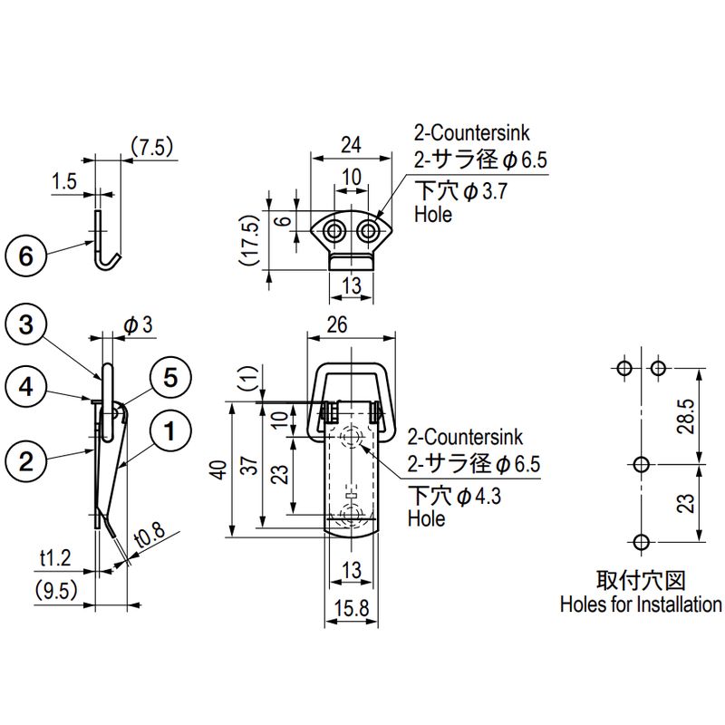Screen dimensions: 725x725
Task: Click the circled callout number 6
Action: pyautogui.click(x=26, y=256)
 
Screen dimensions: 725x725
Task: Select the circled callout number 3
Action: pyautogui.click(x=26, y=324)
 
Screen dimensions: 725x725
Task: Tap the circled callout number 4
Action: pyautogui.click(x=26, y=387)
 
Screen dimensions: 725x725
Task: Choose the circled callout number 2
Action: pyautogui.click(x=26, y=460)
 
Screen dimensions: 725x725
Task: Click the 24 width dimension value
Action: pyautogui.click(x=351, y=143)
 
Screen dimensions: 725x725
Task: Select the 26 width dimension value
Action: pyautogui.click(x=352, y=324)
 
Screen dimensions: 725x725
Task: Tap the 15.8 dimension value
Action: pyautogui.click(x=352, y=610)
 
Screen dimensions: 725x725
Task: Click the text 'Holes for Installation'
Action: pyautogui.click(x=641, y=604)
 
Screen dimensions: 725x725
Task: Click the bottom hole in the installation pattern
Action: pyautogui.click(x=641, y=542)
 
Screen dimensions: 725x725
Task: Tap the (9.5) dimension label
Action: pyautogui.click(x=54, y=591)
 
